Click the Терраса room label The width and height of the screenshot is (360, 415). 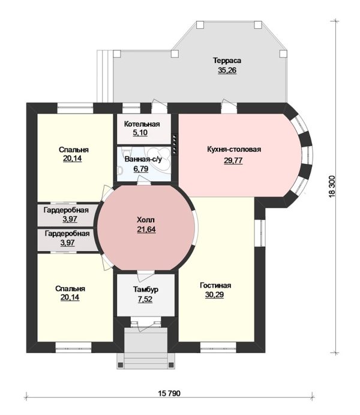click(227, 61)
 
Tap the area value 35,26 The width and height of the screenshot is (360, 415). click(227, 70)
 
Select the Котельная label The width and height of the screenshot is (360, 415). click(142, 124)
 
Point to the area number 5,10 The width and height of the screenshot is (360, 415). click(140, 133)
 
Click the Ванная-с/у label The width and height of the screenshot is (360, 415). click(143, 159)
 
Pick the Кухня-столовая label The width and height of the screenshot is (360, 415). click(234, 149)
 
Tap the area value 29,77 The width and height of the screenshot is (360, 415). click(233, 160)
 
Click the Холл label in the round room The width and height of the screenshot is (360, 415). click(146, 220)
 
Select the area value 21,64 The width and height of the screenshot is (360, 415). click(146, 229)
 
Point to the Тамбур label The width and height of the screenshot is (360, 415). click(146, 289)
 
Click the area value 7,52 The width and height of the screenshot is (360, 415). click(145, 299)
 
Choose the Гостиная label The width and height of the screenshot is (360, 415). click(215, 285)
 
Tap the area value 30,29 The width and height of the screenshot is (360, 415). click(214, 294)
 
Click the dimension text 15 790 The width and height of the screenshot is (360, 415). click(169, 393)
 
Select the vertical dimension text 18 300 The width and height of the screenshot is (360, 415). click(332, 186)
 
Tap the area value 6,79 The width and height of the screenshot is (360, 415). click(141, 169)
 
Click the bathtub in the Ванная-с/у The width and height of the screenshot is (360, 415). click(158, 156)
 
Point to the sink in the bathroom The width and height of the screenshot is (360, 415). click(120, 171)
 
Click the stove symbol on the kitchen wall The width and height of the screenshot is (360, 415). click(175, 144)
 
